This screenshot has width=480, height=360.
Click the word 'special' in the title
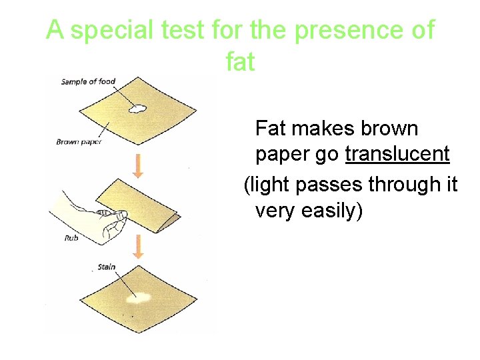coord(113,31)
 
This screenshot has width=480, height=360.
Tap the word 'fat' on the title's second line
coord(240,61)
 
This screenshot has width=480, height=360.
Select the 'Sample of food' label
coord(88,82)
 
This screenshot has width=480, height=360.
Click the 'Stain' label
coord(107,267)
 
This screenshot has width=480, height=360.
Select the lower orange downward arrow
coord(138,247)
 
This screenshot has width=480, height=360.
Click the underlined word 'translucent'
coord(397,155)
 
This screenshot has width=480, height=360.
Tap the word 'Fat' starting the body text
coord(271,127)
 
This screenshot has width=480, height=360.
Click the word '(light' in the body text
coord(265,184)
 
